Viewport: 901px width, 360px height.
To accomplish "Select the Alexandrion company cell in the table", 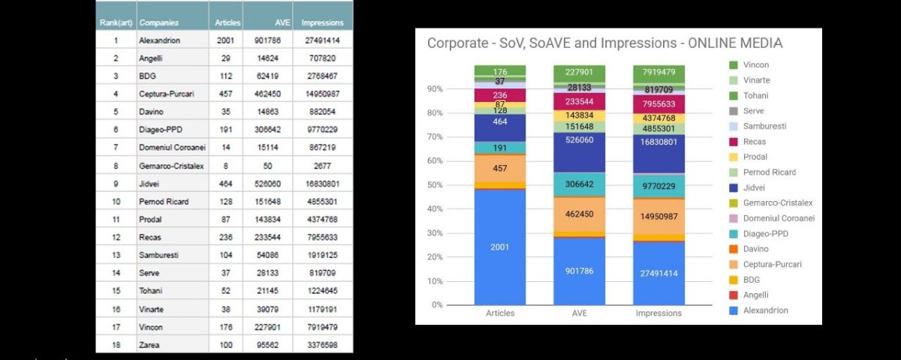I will click(x=159, y=40).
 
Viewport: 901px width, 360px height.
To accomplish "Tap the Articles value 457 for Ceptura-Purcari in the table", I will click(x=224, y=94).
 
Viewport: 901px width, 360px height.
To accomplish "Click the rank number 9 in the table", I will click(x=116, y=184).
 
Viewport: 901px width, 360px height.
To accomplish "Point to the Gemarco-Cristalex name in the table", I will click(x=170, y=166).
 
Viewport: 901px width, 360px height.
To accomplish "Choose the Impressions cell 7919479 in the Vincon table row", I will click(x=318, y=327).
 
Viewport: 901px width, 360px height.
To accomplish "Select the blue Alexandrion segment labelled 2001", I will click(x=499, y=247).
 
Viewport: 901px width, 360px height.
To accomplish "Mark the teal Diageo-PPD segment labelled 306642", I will click(x=579, y=184).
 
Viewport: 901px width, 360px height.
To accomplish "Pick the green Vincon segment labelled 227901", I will click(x=579, y=73).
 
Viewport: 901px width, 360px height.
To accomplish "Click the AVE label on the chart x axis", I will click(x=579, y=313).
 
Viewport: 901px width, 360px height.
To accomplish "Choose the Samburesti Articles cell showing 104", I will click(x=224, y=256).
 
